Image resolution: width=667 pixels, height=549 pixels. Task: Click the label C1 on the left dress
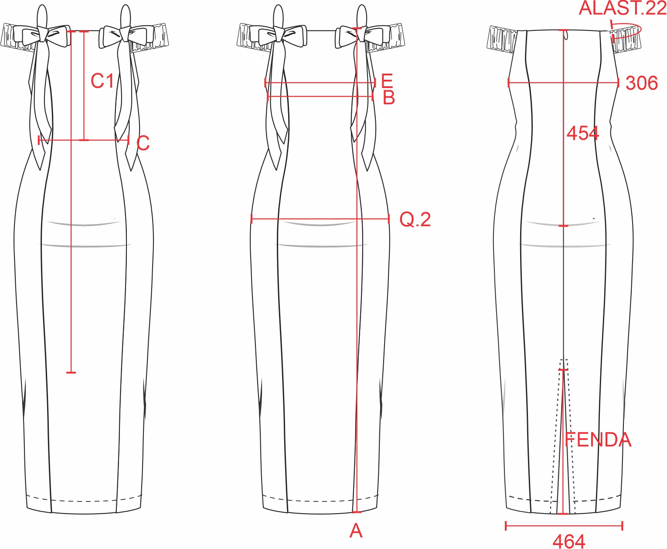tap(102, 81)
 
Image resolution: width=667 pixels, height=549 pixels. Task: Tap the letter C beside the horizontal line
tap(143, 143)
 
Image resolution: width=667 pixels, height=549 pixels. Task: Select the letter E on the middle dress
tap(387, 81)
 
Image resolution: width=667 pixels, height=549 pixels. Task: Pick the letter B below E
tap(389, 98)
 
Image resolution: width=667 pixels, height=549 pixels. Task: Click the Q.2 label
tap(415, 220)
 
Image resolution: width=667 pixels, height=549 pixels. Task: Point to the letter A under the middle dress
tap(356, 530)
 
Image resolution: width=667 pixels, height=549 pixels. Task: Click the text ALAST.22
tap(622, 8)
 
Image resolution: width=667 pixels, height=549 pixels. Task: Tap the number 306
tap(641, 83)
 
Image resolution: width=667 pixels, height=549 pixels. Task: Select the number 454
tap(583, 133)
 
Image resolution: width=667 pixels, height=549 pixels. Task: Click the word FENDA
tap(598, 440)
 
